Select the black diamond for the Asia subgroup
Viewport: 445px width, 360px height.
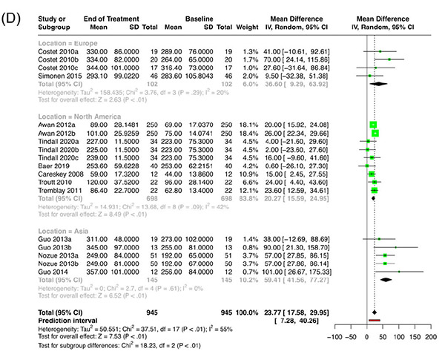click(386, 281)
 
